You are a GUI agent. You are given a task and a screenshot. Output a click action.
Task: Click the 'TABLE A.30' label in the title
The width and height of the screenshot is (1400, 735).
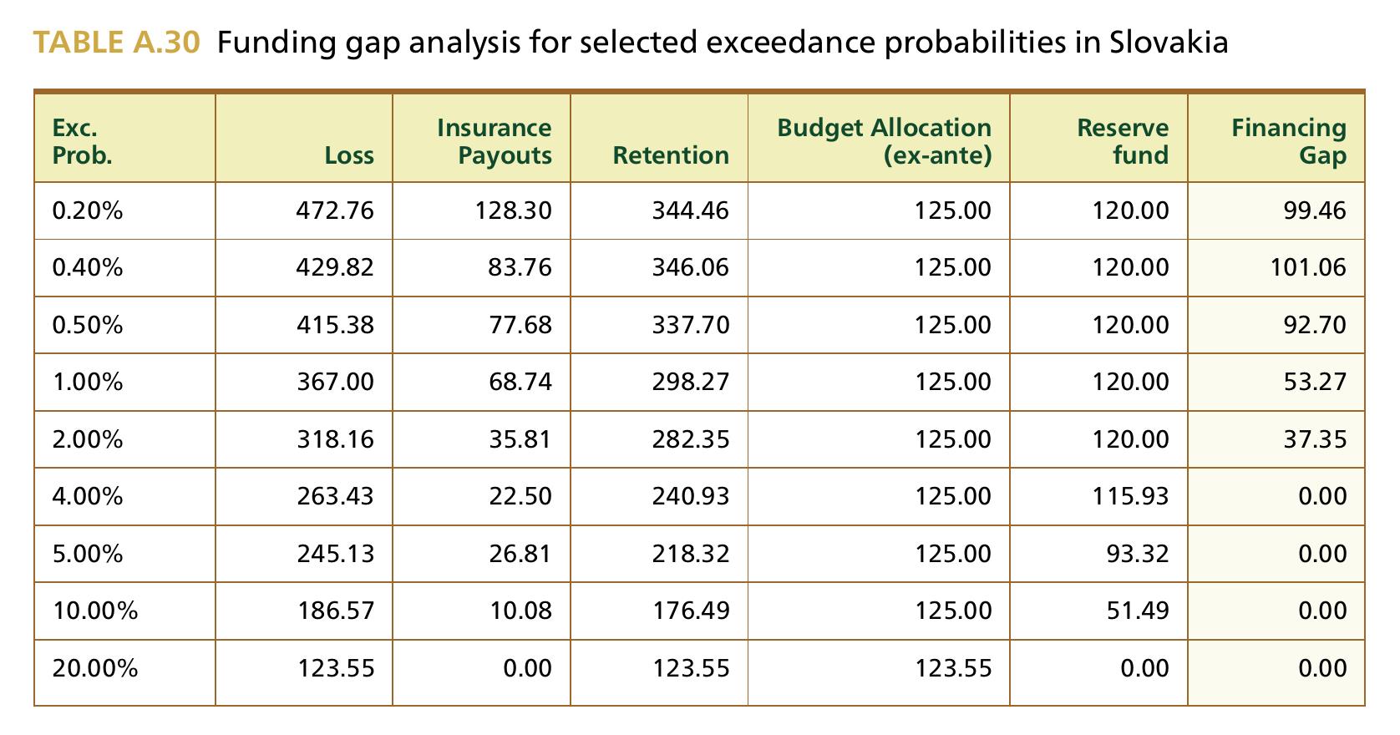tap(116, 43)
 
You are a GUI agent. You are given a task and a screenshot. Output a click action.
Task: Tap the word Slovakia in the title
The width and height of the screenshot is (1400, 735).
tap(1169, 43)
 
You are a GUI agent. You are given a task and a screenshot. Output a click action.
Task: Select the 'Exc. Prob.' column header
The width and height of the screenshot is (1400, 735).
tap(83, 141)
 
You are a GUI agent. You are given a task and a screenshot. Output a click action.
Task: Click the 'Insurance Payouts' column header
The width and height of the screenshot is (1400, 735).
tap(495, 141)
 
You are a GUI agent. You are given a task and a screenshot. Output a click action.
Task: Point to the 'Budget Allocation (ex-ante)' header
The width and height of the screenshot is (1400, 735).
tap(885, 141)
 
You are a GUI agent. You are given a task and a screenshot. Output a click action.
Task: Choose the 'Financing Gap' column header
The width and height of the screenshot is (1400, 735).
tap(1289, 141)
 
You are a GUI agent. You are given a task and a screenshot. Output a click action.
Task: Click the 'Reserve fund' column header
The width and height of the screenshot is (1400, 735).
tap(1123, 141)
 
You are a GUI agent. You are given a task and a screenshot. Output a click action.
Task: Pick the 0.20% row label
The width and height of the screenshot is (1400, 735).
tap(88, 210)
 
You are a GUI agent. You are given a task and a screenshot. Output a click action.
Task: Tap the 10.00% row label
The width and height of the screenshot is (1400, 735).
tap(95, 611)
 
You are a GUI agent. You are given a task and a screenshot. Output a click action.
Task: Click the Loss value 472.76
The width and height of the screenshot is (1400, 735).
tap(335, 210)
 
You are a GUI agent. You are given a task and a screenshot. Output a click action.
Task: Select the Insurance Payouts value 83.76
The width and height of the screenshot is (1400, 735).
tap(520, 267)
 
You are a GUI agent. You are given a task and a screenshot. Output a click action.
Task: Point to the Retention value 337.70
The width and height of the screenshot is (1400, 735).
tap(691, 325)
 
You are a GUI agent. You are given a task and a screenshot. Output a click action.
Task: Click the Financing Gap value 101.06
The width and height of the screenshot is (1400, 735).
tap(1308, 267)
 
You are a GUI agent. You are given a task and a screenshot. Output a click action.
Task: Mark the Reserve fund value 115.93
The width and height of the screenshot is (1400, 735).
tap(1130, 496)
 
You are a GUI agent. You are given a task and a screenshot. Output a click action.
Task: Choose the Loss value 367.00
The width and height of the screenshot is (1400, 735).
tap(335, 382)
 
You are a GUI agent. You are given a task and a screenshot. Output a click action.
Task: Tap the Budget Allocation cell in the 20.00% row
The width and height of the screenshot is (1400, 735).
tap(953, 669)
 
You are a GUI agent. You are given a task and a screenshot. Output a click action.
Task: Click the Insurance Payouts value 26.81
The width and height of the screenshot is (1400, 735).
tap(520, 554)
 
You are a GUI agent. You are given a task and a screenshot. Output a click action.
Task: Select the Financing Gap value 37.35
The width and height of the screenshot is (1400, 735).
tap(1315, 439)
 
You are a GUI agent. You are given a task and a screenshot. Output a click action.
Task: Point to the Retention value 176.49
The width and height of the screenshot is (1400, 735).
tap(691, 611)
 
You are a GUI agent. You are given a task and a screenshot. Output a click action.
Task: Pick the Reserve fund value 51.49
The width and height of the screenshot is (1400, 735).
tap(1138, 611)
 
